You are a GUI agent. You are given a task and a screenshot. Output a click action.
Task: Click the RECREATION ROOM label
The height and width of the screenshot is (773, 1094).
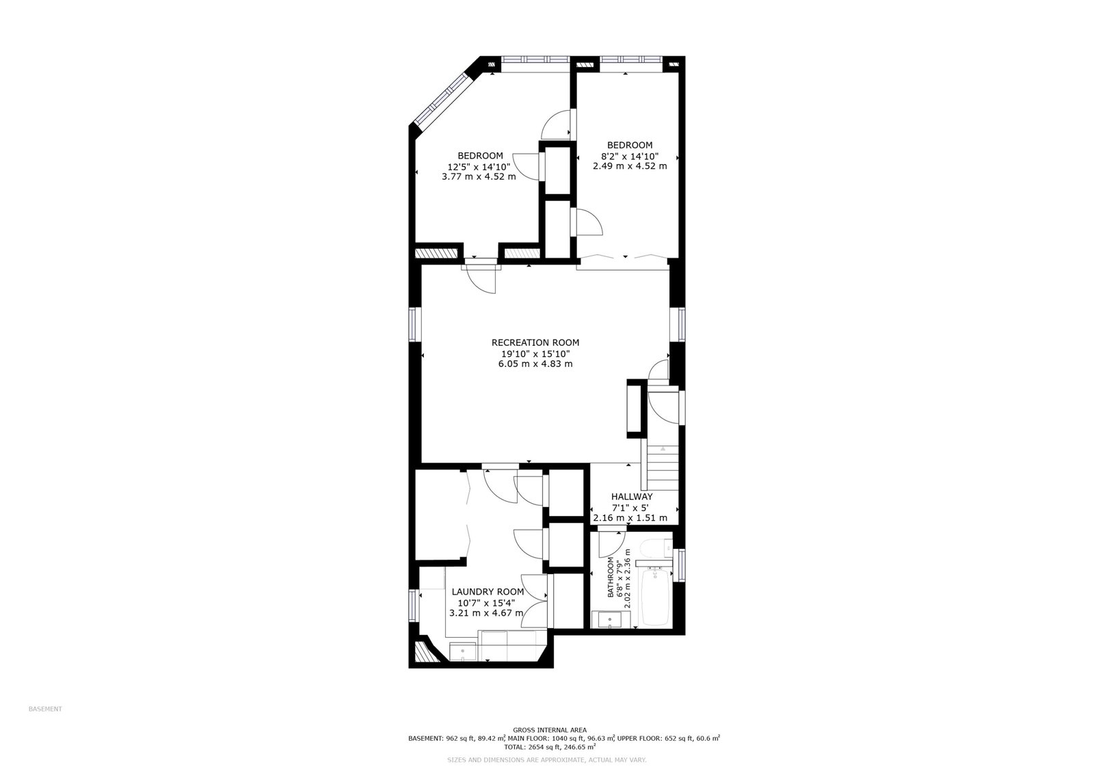click(535, 343)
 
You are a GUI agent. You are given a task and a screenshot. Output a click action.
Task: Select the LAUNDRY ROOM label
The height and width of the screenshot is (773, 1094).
click(488, 592)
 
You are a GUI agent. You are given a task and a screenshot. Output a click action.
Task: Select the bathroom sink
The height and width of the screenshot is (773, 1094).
click(606, 620)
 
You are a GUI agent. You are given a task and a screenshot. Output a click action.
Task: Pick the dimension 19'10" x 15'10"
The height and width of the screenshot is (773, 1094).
click(535, 353)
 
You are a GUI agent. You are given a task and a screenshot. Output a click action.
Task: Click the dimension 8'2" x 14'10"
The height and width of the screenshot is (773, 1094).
click(630, 157)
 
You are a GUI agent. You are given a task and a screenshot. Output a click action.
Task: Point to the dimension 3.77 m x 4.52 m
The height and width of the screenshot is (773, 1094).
click(479, 177)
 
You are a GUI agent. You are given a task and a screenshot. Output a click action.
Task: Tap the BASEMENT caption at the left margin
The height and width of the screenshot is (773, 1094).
click(45, 709)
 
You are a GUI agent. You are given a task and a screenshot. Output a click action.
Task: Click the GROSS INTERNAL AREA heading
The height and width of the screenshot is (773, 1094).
click(550, 730)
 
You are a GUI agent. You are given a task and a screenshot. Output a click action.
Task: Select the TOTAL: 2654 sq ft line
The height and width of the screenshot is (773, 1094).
click(550, 746)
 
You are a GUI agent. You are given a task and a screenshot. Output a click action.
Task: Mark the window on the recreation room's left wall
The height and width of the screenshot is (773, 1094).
click(414, 324)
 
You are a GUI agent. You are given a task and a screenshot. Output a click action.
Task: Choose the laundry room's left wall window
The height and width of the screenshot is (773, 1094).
click(414, 606)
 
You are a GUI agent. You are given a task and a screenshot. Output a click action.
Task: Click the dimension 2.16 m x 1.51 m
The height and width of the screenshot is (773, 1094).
click(630, 517)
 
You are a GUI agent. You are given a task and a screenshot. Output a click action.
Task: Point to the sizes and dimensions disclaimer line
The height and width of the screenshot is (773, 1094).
click(547, 760)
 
